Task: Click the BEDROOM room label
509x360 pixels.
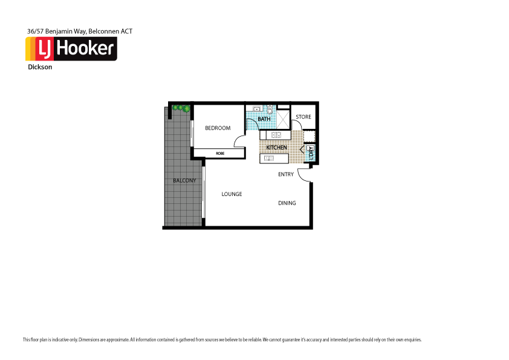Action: click(218, 128)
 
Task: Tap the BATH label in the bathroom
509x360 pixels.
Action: click(264, 119)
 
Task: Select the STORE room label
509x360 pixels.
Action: click(303, 117)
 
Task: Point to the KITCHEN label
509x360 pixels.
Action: click(277, 148)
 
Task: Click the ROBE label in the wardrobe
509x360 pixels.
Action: click(219, 154)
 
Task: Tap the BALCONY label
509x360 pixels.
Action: click(184, 181)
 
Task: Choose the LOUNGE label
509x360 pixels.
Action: click(232, 194)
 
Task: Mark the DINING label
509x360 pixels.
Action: click(287, 203)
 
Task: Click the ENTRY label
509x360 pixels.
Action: click(286, 174)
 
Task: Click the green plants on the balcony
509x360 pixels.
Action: click(181, 108)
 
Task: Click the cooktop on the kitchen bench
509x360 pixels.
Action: click(276, 135)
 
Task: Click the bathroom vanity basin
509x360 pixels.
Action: click(256, 109)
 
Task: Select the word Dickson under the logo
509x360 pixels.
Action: click(40, 67)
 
